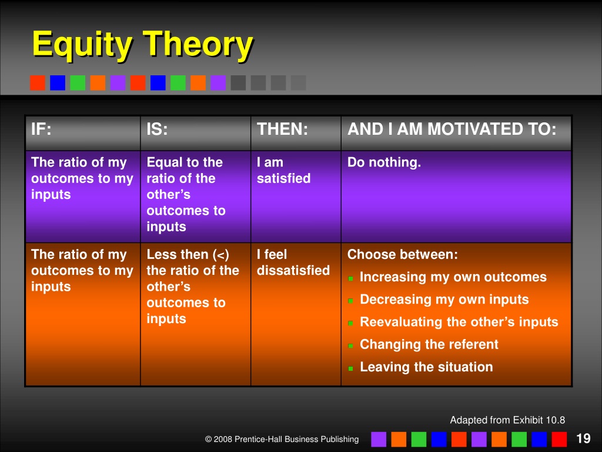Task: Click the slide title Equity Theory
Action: click(x=142, y=45)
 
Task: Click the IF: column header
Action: click(x=41, y=129)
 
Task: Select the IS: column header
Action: click(x=157, y=129)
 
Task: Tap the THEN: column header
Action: click(x=282, y=129)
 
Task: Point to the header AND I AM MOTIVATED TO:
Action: click(x=452, y=129)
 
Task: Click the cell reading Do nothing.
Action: click(x=384, y=162)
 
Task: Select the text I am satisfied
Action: click(x=283, y=170)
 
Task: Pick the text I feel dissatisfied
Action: click(x=293, y=262)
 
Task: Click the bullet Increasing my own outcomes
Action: click(x=453, y=277)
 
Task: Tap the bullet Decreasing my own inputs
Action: click(x=444, y=300)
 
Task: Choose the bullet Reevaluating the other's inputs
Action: click(x=459, y=322)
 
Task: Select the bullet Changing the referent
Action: click(x=429, y=344)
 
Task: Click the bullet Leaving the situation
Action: click(x=426, y=367)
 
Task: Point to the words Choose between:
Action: click(x=402, y=254)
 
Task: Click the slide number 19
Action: click(x=583, y=438)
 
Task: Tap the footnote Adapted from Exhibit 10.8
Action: click(x=507, y=420)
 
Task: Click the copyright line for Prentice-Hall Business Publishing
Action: click(x=282, y=439)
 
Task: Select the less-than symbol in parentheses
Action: click(x=221, y=255)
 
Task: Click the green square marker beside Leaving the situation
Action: click(x=350, y=368)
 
